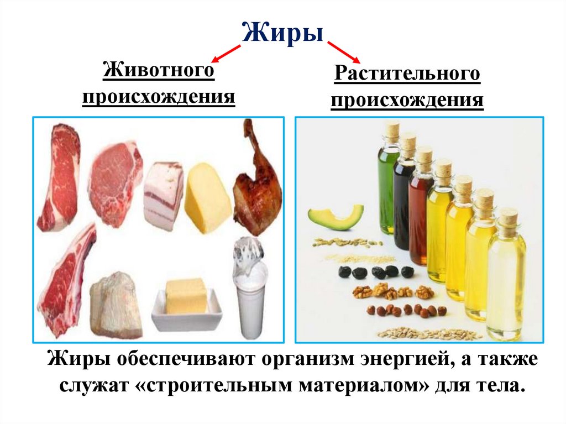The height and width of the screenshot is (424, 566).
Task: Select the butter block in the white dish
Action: pos(186,296)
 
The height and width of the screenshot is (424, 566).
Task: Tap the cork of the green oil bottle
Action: pos(392,131)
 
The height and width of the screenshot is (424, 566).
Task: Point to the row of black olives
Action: pos(376,272)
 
